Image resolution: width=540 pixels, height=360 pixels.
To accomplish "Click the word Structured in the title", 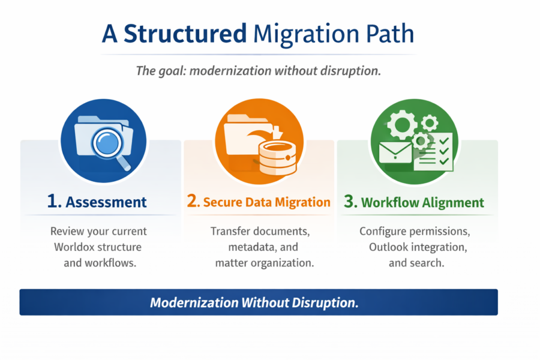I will click(x=185, y=34).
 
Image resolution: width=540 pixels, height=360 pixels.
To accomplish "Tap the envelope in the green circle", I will click(x=395, y=153).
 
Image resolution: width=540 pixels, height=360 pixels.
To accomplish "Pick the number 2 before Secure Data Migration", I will click(x=193, y=202).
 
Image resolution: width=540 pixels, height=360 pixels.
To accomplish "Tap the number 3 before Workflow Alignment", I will click(x=350, y=202).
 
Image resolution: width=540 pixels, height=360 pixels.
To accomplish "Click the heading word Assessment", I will click(x=106, y=202).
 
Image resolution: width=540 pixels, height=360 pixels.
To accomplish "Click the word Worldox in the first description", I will click(x=74, y=247).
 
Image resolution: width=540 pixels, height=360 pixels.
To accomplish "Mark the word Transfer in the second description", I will click(x=229, y=231).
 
